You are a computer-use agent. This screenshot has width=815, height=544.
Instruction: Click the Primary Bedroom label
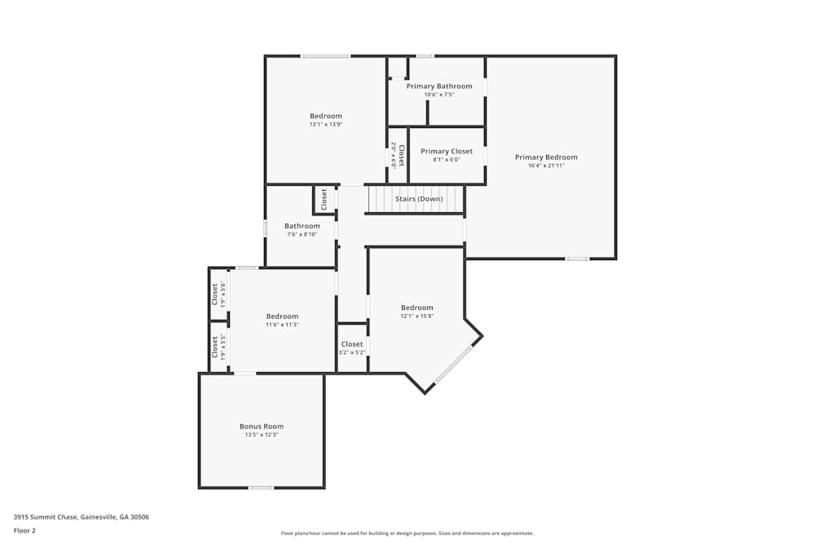coord(546,157)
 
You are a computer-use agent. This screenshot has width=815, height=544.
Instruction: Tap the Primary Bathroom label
coord(439,86)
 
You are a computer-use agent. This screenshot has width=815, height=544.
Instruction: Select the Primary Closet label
coord(446,152)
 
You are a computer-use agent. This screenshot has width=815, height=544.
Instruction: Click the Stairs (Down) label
coord(419,199)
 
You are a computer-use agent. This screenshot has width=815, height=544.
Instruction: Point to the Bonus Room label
coord(262,427)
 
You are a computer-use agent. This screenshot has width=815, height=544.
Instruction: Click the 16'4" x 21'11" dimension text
coord(546,166)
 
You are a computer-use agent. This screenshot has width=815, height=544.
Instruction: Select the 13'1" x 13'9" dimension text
coord(326,125)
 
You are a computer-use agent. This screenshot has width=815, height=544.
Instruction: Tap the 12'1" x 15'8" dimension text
coord(416,316)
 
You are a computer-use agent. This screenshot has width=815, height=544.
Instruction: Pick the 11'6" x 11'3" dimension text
coord(282,325)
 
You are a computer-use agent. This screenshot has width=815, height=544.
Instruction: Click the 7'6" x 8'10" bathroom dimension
coord(302,235)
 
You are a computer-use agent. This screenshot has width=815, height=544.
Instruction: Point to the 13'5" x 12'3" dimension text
coord(262,435)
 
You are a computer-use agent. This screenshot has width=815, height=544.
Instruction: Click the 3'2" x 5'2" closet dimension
coord(352,352)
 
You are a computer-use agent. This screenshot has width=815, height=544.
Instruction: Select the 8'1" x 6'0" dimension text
coord(446,160)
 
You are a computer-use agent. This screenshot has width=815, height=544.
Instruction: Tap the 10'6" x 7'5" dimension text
coord(439,95)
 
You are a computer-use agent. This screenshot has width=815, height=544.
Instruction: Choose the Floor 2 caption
coord(24,530)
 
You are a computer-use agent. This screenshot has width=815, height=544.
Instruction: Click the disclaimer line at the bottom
coord(407,533)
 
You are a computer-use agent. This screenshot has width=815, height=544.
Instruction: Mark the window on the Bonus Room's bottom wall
coord(261,488)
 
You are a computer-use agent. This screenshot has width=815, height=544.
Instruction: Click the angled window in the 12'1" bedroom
coord(453,365)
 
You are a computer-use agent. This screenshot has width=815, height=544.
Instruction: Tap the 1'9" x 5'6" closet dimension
coord(222,294)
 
